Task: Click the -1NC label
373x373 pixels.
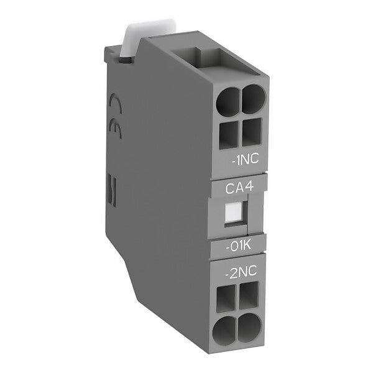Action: tap(246, 159)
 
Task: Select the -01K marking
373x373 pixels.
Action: tap(238, 246)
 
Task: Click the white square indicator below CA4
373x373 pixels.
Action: tap(234, 212)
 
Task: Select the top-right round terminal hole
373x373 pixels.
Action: tap(253, 98)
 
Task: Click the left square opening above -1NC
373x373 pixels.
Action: tap(229, 135)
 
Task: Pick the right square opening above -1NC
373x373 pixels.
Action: tap(252, 132)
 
